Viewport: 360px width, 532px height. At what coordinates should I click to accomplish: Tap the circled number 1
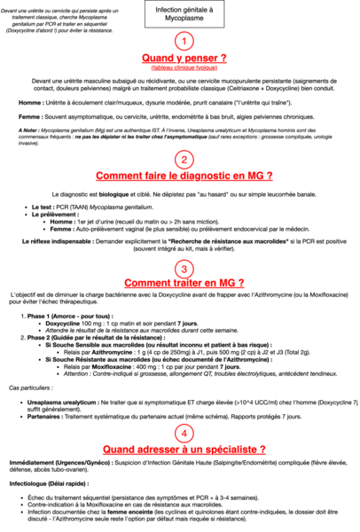[181, 42]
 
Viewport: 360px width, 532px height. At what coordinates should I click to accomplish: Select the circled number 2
[181, 160]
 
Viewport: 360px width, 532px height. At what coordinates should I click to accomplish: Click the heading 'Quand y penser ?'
[181, 59]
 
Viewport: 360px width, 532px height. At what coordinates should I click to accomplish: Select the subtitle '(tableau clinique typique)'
[181, 70]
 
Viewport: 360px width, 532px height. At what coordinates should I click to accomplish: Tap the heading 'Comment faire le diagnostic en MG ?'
[181, 176]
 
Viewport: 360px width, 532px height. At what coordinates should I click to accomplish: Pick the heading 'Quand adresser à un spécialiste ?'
[181, 450]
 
